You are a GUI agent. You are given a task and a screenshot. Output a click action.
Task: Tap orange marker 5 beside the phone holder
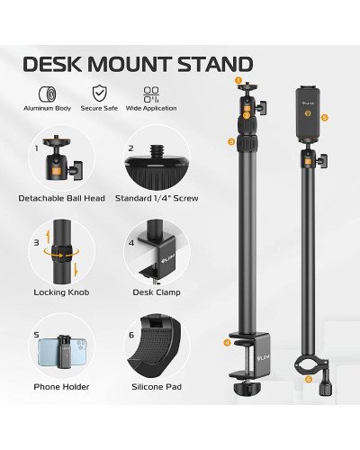(x=325, y=117)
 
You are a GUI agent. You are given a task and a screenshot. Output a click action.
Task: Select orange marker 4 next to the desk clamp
(x=227, y=343)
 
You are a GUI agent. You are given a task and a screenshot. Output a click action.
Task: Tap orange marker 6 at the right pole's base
(x=308, y=379)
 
